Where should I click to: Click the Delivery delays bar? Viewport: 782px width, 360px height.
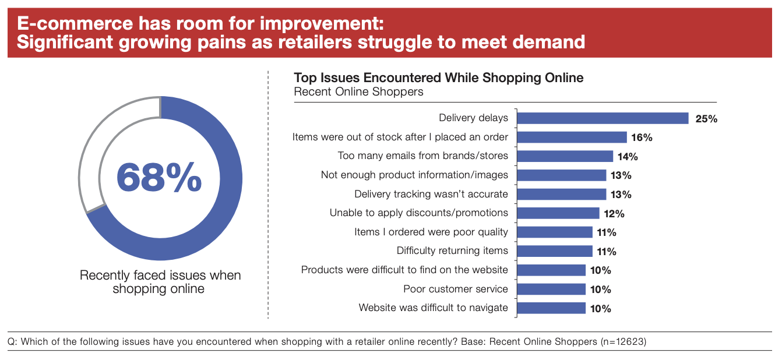(x=603, y=118)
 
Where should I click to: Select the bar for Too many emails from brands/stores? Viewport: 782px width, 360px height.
(x=565, y=156)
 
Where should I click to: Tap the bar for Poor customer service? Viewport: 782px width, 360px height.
(x=551, y=290)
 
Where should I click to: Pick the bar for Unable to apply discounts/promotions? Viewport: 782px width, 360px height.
(x=558, y=213)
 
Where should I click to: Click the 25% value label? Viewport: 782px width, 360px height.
(x=706, y=119)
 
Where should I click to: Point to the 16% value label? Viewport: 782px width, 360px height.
(x=641, y=137)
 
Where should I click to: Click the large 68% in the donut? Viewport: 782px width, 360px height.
(x=159, y=178)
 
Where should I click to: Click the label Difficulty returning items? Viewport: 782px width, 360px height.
(x=452, y=251)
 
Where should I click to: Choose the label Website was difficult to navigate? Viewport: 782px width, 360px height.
(x=433, y=308)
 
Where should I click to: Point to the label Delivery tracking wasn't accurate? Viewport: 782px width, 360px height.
(x=431, y=194)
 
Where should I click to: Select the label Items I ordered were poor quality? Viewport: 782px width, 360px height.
(x=431, y=232)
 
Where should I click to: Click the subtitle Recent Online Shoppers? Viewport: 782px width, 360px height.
(x=358, y=92)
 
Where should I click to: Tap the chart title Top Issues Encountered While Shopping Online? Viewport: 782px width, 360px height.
(x=438, y=77)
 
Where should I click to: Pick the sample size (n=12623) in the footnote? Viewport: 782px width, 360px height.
(x=623, y=342)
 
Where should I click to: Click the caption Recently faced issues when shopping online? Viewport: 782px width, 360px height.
(x=160, y=281)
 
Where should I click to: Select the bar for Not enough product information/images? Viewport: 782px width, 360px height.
(x=562, y=175)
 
